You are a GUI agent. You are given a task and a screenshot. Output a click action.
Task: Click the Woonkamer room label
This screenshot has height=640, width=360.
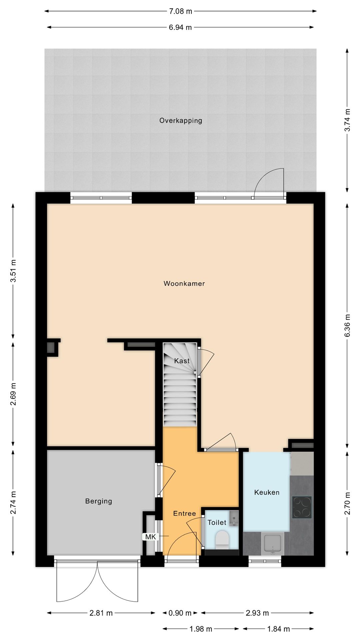184,284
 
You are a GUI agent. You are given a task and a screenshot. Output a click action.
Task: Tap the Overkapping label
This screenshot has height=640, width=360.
181,121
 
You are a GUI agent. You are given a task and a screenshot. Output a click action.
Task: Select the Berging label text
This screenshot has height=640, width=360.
99,501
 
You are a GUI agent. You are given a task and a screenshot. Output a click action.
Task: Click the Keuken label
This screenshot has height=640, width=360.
267,492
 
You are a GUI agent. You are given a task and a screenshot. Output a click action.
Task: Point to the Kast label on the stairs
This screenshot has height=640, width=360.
182,361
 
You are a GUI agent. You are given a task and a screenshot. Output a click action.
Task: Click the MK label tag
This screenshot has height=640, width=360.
150,537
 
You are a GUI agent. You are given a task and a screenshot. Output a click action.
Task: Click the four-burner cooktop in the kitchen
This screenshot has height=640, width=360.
302,507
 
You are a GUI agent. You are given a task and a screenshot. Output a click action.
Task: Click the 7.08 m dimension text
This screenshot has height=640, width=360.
180,11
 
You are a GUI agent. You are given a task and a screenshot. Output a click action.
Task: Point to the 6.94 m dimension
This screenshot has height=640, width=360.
180,27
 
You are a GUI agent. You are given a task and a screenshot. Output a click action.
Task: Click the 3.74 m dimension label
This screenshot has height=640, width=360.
347,120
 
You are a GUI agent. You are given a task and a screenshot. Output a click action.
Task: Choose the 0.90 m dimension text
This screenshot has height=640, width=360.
180,613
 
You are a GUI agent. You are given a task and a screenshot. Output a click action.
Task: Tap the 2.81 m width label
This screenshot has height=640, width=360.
101,613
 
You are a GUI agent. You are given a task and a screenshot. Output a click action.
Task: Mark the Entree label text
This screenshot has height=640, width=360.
184,514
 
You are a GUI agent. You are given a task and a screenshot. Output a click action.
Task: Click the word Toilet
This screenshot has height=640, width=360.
217,523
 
